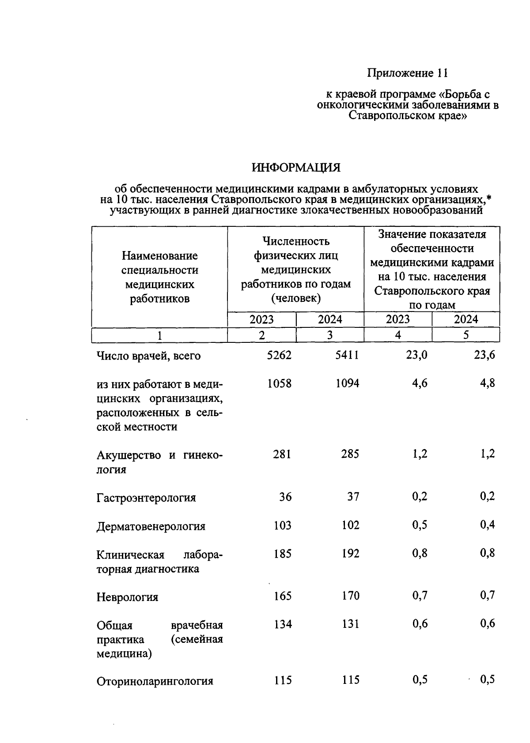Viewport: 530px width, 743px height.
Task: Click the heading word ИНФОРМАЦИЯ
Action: pyautogui.click(x=296, y=168)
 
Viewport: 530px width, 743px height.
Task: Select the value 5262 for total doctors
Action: pyautogui.click(x=279, y=355)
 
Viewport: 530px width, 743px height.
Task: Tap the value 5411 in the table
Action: pyautogui.click(x=347, y=355)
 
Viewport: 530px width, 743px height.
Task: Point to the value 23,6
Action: pyautogui.click(x=485, y=355)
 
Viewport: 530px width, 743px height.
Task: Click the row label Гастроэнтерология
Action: pyautogui.click(x=146, y=498)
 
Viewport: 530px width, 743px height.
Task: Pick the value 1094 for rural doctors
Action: pyautogui.click(x=347, y=383)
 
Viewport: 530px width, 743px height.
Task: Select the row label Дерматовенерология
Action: pyautogui.click(x=151, y=526)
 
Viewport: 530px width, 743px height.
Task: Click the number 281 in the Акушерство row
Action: pyautogui.click(x=282, y=454)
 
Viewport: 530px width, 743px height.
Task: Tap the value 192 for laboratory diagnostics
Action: pyautogui.click(x=350, y=553)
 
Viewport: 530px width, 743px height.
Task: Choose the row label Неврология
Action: pyautogui.click(x=127, y=597)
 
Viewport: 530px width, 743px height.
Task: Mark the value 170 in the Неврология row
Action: pyautogui.click(x=350, y=596)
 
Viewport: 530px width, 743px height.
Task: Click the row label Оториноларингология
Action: pyautogui.click(x=155, y=681)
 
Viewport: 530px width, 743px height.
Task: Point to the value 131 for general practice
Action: pyautogui.click(x=350, y=624)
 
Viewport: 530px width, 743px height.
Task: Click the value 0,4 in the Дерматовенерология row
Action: pyautogui.click(x=488, y=525)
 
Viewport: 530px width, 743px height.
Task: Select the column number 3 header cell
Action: pyautogui.click(x=329, y=335)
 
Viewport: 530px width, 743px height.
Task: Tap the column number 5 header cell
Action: pyautogui.click(x=466, y=335)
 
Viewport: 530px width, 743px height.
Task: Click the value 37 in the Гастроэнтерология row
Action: pyautogui.click(x=353, y=497)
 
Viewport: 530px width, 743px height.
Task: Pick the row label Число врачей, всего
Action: pyautogui.click(x=148, y=356)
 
